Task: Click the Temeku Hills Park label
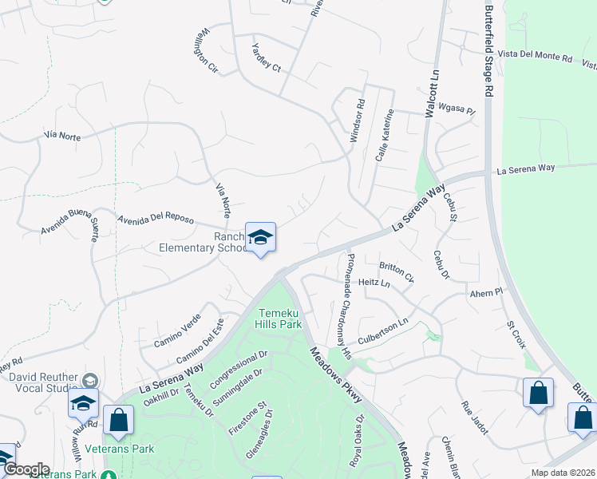(279, 318)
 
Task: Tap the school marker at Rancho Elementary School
(260, 238)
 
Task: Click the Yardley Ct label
(267, 57)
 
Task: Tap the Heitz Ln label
(374, 283)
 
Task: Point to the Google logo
(26, 469)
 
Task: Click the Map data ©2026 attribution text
(561, 473)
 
